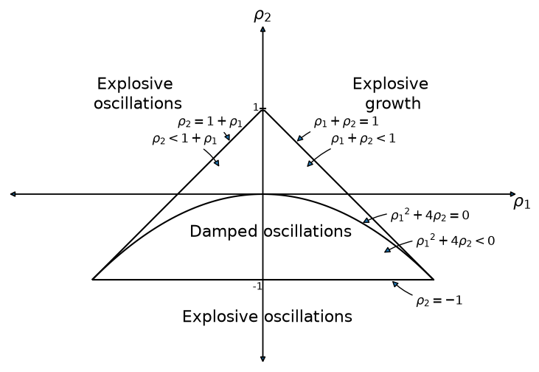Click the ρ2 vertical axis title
(262, 15)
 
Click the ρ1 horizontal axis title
(522, 203)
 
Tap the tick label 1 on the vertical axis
(255, 108)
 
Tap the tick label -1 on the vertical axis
(257, 286)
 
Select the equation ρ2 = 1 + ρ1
(210, 123)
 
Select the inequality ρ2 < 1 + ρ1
(184, 139)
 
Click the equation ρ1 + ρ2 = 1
(346, 122)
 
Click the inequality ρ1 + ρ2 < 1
(364, 139)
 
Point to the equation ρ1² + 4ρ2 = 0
(430, 215)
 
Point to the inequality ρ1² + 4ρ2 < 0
(456, 241)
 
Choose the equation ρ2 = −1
(439, 300)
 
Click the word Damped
(223, 232)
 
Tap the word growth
(392, 103)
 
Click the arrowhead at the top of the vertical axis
(263, 29)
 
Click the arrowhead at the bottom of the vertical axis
(263, 359)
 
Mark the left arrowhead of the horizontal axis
(13, 194)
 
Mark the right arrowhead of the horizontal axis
(513, 194)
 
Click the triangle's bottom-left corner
(92, 280)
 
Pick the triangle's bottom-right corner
(434, 280)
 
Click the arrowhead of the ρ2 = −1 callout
(395, 284)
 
